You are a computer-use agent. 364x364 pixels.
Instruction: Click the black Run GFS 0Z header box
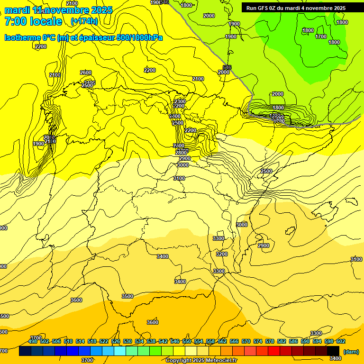[x=296, y=8]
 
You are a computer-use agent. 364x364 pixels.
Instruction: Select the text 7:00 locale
[x=33, y=21]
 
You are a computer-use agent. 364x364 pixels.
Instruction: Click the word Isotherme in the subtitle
[x=21, y=37]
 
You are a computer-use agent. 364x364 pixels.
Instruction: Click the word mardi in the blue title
[x=17, y=10]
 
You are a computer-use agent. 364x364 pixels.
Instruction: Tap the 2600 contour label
[x=86, y=73]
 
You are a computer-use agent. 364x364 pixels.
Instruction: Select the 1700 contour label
[x=321, y=36]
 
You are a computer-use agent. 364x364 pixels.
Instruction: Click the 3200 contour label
[x=222, y=254]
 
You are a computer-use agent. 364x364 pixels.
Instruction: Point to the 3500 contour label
[x=127, y=296]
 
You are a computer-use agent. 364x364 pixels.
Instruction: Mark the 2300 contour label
[x=180, y=101]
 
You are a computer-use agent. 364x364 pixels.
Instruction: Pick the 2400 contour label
[x=175, y=116]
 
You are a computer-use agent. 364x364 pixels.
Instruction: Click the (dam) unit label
[x=351, y=352]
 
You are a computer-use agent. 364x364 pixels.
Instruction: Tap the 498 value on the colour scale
[x=33, y=341]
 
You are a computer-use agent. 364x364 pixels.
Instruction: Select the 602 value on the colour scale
[x=341, y=341]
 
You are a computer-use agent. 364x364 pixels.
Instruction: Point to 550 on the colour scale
[x=187, y=341]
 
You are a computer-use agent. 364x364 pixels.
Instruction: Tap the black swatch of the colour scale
[x=333, y=351]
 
